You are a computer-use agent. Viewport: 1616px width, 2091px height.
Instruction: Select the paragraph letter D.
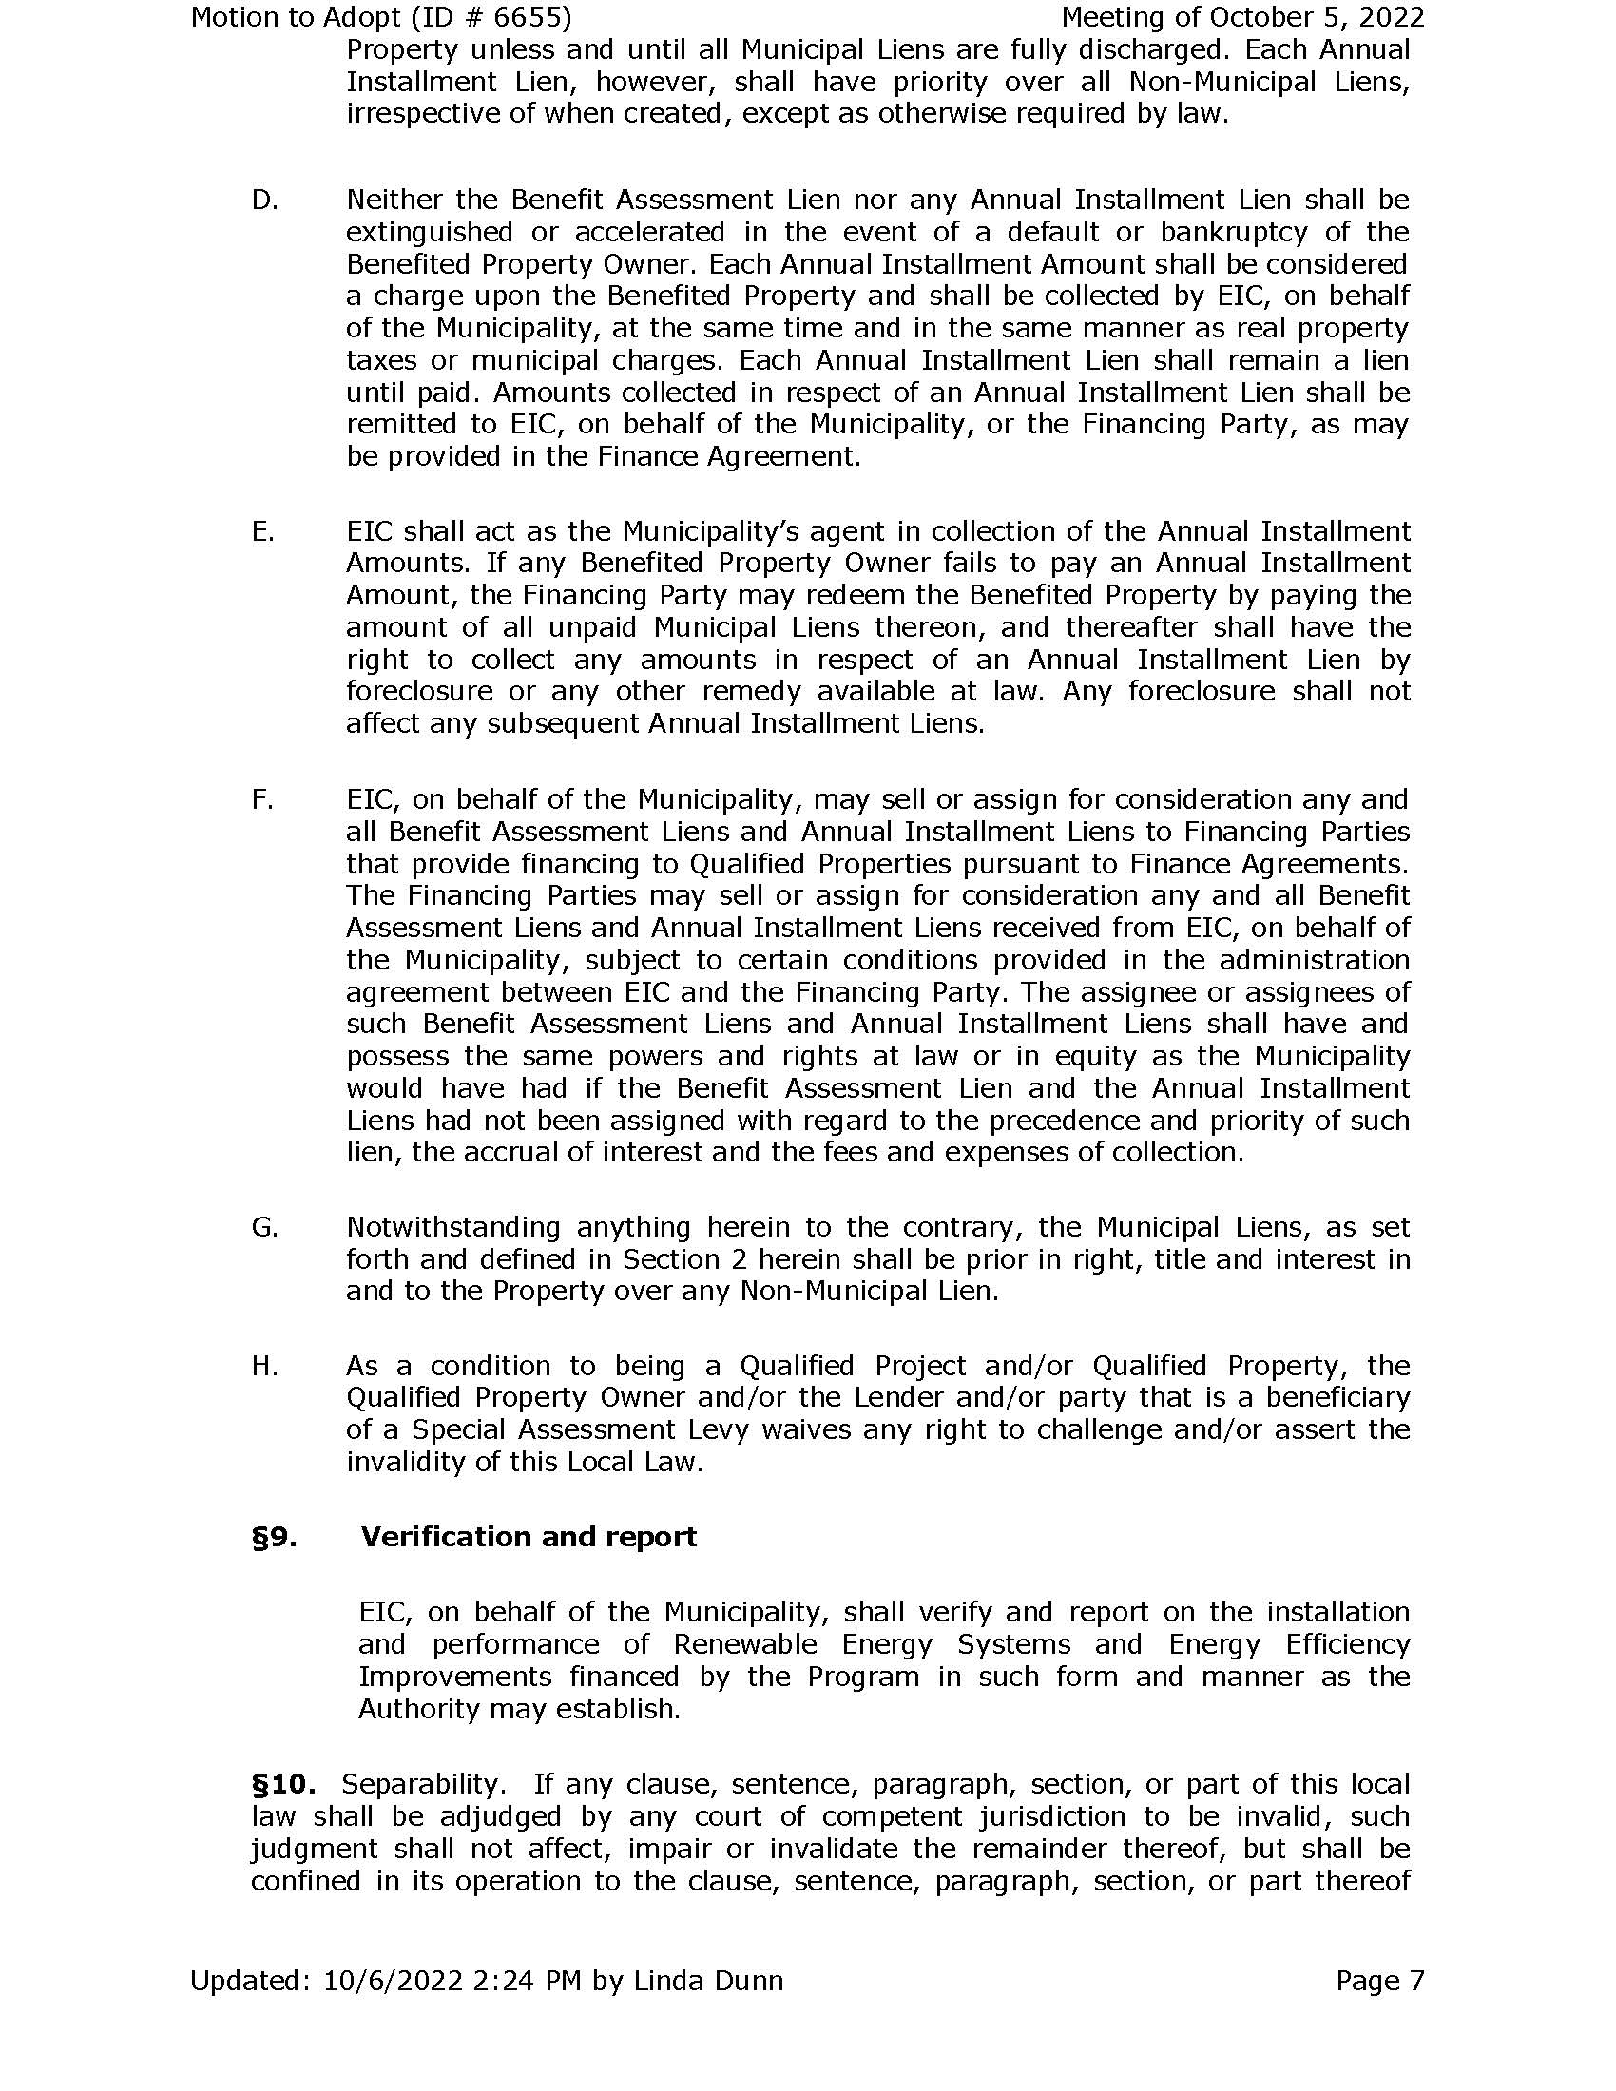tap(264, 201)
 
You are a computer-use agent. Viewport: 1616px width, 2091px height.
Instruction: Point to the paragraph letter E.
tap(262, 531)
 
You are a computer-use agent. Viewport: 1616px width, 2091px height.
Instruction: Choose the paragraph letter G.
tap(264, 1227)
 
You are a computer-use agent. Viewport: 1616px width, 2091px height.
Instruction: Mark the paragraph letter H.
tap(264, 1365)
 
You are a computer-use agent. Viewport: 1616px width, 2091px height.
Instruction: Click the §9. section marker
tap(274, 1538)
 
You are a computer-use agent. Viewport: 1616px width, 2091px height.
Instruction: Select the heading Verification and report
tap(529, 1538)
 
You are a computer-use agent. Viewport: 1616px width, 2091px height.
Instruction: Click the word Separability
tap(423, 1785)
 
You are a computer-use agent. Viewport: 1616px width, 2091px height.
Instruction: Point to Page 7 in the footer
tap(1379, 1981)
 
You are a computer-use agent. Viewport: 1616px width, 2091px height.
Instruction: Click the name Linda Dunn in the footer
tap(707, 1981)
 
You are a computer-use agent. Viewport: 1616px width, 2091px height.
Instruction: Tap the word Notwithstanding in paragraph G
tap(452, 1227)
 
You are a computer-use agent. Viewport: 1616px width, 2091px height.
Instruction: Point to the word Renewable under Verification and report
tap(745, 1645)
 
